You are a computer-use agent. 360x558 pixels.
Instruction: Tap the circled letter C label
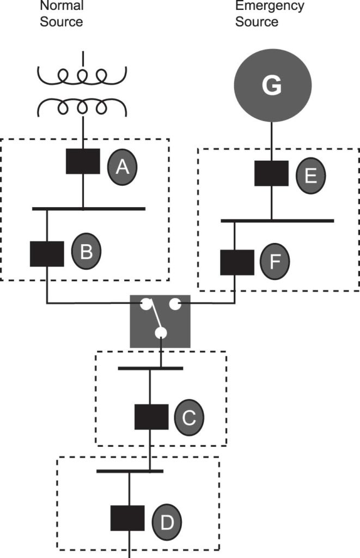189,418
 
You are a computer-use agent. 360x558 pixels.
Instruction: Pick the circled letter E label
311,175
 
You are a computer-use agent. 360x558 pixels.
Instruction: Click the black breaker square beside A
83,161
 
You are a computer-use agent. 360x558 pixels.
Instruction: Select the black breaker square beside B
47,253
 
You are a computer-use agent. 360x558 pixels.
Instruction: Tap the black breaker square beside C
151,417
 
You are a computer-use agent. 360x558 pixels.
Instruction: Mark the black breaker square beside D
128,518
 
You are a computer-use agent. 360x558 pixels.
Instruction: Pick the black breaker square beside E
272,173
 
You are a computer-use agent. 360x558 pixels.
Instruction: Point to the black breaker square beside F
237,262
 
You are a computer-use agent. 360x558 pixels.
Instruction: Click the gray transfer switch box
160,321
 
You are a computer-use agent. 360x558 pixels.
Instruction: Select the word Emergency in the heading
270,6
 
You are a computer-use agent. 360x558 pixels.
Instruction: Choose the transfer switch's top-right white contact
175,304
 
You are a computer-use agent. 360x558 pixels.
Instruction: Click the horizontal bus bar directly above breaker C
150,368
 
